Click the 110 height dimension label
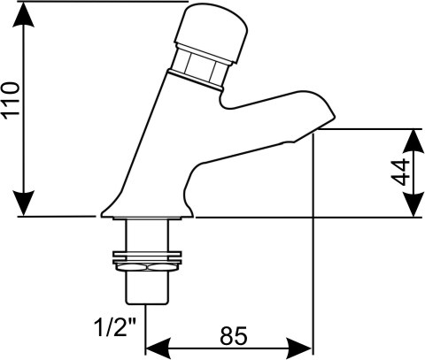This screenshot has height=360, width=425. [12, 101]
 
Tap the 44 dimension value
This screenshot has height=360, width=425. [400, 172]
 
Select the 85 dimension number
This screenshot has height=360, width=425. [233, 336]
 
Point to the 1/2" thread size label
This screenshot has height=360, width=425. [115, 327]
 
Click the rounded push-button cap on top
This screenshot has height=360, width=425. [212, 32]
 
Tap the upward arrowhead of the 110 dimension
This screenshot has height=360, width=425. [24, 15]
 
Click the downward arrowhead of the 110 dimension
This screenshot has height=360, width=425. [24, 203]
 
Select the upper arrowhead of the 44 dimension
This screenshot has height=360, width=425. [413, 141]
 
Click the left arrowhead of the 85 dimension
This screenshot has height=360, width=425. [158, 349]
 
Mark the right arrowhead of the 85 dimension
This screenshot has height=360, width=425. [299, 349]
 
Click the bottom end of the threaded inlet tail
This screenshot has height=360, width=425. [147, 303]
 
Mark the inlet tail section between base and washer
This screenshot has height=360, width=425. [147, 235]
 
